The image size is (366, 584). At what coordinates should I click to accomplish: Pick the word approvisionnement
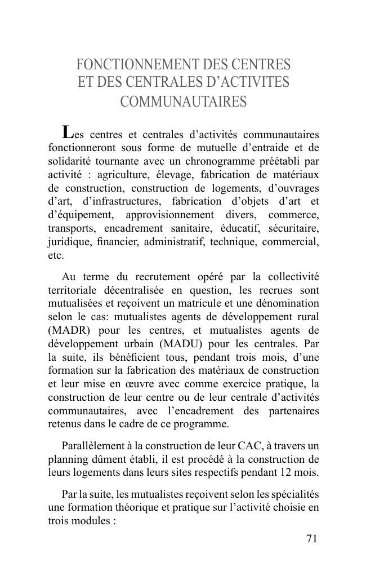pos(170,215)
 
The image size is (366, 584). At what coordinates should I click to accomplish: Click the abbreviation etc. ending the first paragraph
pos(56,255)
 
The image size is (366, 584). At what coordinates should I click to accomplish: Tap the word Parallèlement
pos(92,446)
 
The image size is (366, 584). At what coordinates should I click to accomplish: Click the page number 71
pos(312,538)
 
